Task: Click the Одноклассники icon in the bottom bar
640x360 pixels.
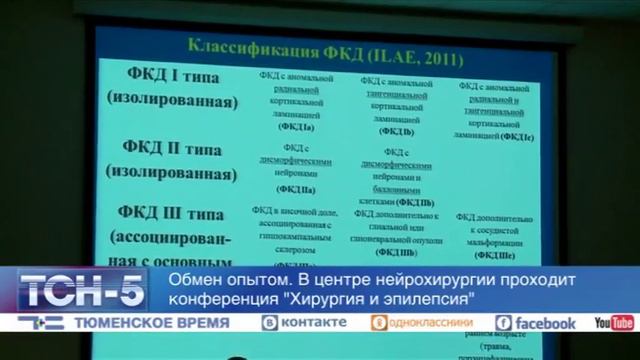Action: tap(379, 323)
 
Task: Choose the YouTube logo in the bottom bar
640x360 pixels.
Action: tap(614, 323)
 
